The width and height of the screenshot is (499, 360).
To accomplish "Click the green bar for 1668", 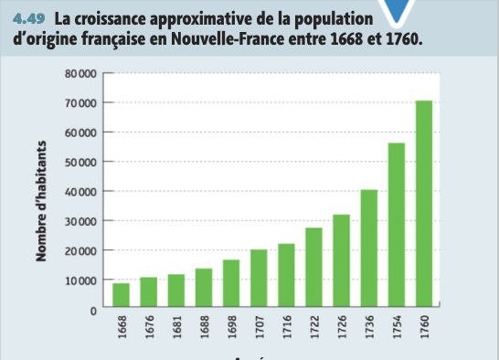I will click(121, 296).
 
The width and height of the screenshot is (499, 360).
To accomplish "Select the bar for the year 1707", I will click(259, 280).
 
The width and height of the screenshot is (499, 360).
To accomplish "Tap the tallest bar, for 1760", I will click(424, 205).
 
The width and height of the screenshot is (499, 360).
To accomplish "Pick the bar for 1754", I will click(397, 226).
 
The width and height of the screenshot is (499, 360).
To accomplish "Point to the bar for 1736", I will click(369, 249).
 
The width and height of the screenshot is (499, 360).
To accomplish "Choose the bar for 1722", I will click(313, 269).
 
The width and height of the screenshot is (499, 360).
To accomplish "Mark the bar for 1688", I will click(204, 289).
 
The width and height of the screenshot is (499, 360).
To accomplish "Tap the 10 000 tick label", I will click(80, 281).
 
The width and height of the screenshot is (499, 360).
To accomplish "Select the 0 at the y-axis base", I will click(93, 311).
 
